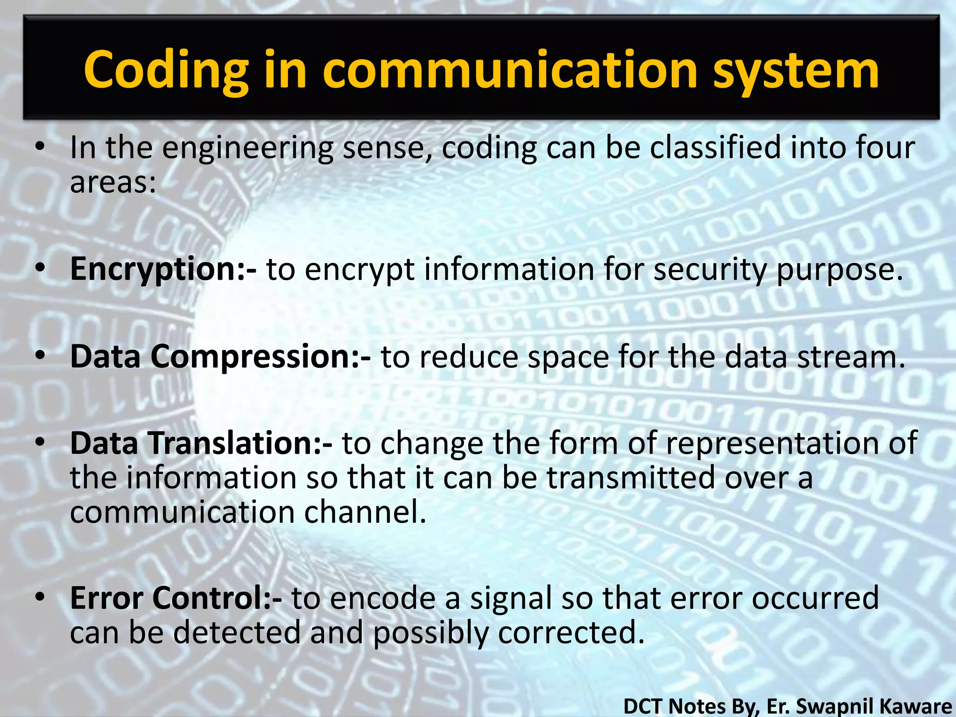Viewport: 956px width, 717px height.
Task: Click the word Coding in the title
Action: coord(166,71)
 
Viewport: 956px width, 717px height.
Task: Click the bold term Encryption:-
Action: coord(163,270)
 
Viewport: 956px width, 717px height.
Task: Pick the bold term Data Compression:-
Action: coord(220,357)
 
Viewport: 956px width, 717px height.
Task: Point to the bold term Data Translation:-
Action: coord(201,443)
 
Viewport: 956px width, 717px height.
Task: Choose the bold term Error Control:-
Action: coord(176,598)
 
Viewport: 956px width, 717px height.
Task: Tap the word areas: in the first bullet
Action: coord(112,182)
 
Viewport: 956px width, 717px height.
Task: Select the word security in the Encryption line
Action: coord(709,270)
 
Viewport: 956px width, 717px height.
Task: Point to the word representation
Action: coord(772,443)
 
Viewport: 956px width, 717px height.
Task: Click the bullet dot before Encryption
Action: coord(41,268)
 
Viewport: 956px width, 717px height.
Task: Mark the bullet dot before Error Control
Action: coord(41,597)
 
